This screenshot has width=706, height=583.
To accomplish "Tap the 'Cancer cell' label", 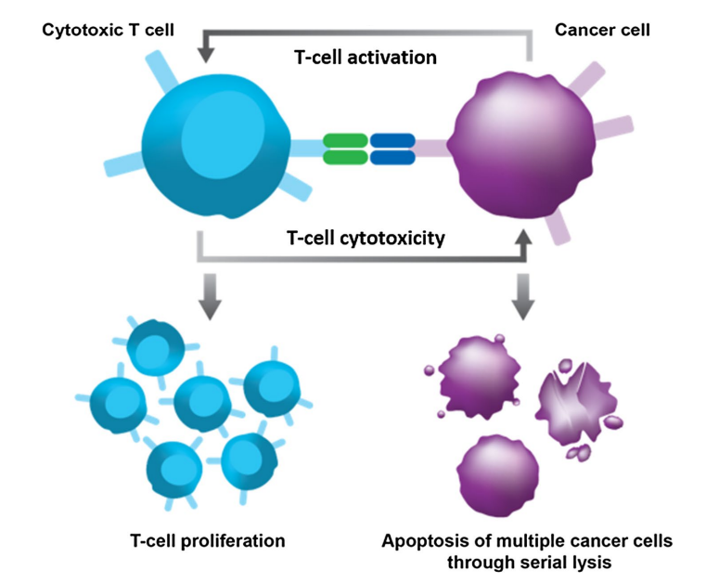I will [x=602, y=30].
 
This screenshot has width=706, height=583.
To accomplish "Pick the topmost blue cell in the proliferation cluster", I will [x=150, y=346].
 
